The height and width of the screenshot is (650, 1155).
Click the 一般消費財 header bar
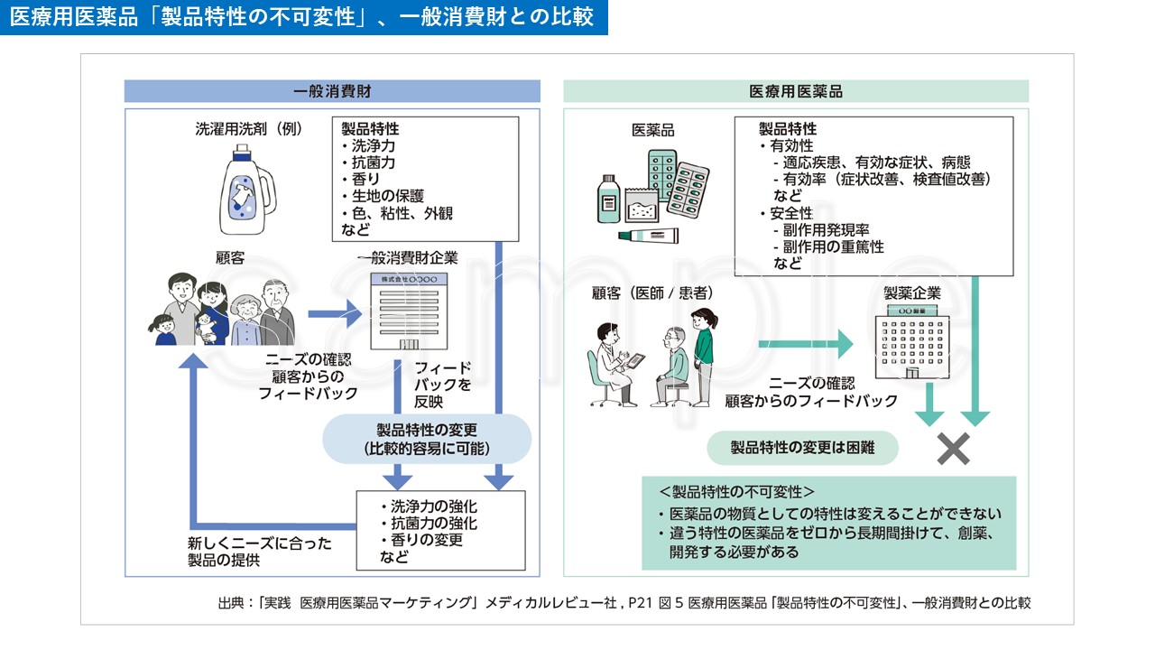332,91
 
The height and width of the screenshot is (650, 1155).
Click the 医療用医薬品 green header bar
796,91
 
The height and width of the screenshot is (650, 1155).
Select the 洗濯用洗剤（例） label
248,129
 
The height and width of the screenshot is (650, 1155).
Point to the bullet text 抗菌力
373,162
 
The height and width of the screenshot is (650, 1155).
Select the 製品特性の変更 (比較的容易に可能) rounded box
427,439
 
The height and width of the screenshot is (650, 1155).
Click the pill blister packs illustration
679,181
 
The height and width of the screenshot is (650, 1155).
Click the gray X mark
953,449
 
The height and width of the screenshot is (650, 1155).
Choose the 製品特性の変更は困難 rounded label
802,447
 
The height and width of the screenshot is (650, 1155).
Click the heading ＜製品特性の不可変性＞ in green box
736,492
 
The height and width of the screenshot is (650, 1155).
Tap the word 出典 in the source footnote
231,603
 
